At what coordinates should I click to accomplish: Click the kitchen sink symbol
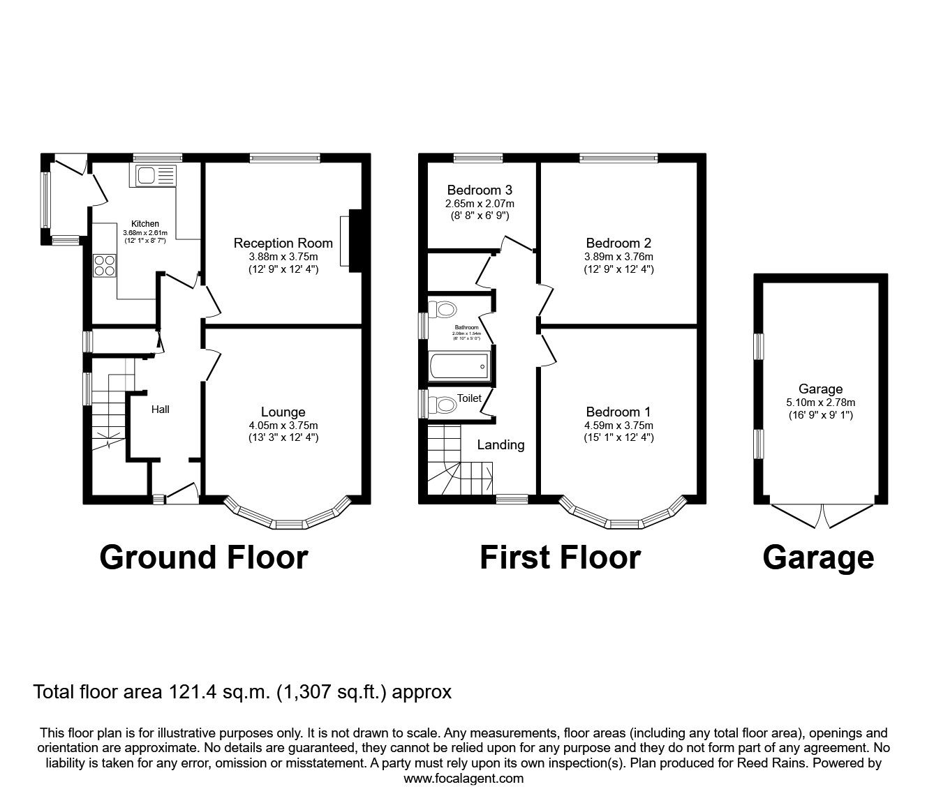[154, 176]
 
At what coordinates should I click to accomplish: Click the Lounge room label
[283, 412]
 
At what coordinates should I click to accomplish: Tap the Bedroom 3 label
[480, 190]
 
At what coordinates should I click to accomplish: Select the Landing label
[500, 444]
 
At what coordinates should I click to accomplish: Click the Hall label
[161, 410]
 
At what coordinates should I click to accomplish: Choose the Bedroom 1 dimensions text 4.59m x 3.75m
[619, 426]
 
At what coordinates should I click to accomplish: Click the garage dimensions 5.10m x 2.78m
[820, 402]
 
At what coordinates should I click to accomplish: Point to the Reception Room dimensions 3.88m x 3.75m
[283, 256]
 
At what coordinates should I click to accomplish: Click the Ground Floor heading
[203, 557]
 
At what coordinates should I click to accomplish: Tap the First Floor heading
[560, 557]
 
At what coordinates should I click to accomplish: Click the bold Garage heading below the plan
[817, 557]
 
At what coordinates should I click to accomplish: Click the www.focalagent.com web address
[463, 779]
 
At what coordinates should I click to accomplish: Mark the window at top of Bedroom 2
[618, 158]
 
